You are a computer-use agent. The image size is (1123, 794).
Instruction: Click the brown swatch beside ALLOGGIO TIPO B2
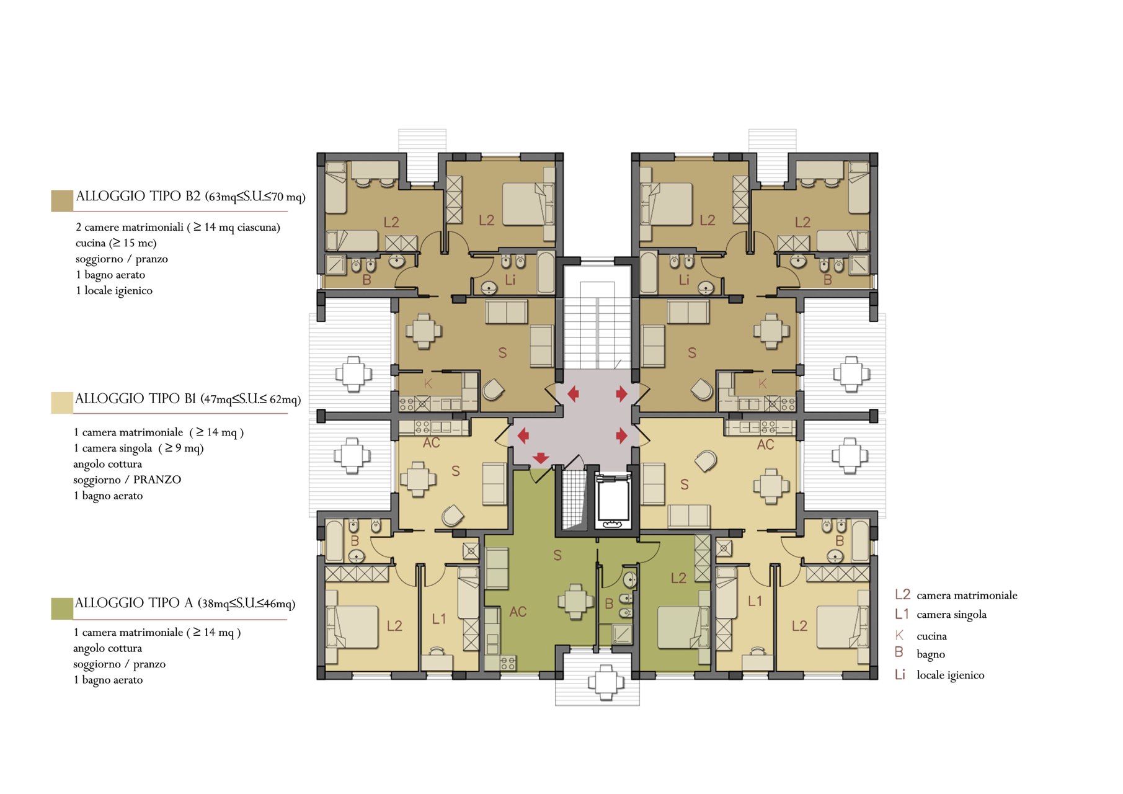click(x=62, y=201)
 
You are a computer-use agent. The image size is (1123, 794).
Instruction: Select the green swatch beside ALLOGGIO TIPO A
click(x=62, y=609)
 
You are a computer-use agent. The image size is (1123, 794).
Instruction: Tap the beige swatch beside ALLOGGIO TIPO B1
click(x=62, y=403)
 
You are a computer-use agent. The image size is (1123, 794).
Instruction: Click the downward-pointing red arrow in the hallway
click(x=541, y=458)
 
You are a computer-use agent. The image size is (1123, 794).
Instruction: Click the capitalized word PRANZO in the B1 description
click(x=158, y=480)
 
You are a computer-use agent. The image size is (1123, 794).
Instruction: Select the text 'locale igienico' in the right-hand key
click(x=950, y=675)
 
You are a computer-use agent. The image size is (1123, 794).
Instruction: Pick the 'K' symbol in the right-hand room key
click(x=899, y=635)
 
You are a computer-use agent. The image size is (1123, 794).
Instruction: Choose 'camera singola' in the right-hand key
click(x=951, y=615)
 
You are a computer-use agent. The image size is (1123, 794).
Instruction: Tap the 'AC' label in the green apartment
click(x=518, y=612)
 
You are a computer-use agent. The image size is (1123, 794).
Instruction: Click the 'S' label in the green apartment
click(x=557, y=556)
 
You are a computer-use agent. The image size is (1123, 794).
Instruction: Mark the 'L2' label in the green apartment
click(x=678, y=578)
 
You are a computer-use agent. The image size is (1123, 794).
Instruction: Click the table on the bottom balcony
click(x=606, y=682)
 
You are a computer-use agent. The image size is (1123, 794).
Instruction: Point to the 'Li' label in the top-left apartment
click(x=510, y=280)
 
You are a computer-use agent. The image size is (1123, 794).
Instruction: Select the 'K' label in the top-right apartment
click(x=763, y=384)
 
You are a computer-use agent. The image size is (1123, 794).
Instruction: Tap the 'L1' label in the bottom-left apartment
click(x=439, y=619)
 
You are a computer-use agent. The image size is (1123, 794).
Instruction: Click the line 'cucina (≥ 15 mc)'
click(x=116, y=243)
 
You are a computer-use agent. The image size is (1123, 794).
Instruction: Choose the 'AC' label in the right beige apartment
click(x=765, y=445)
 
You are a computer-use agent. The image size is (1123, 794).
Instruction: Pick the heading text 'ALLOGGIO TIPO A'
click(x=134, y=603)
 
